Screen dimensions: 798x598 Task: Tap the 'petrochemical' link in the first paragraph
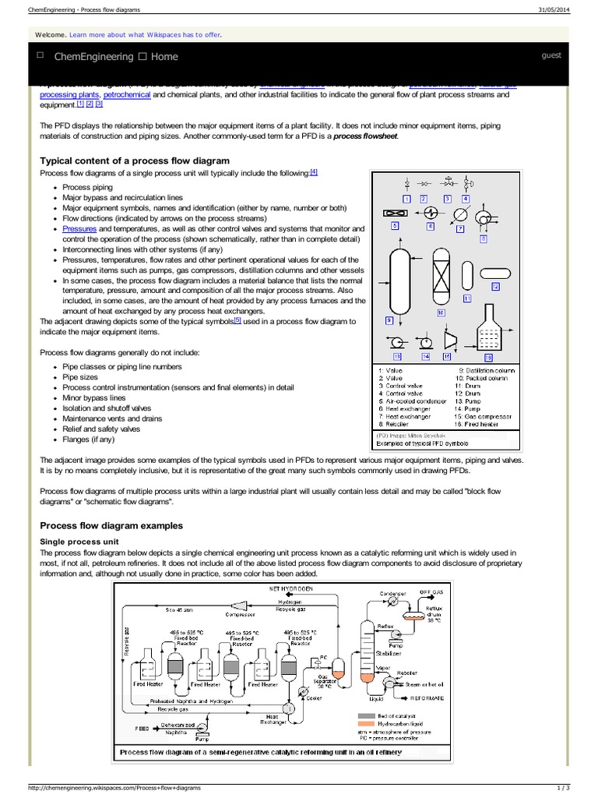(x=128, y=94)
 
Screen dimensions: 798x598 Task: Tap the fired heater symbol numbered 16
(x=489, y=334)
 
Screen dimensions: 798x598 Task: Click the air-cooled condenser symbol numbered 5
(x=395, y=213)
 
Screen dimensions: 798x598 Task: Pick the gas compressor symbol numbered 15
(x=449, y=337)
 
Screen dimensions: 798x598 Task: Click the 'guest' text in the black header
(x=551, y=55)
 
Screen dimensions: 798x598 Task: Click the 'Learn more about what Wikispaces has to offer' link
(x=156, y=35)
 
